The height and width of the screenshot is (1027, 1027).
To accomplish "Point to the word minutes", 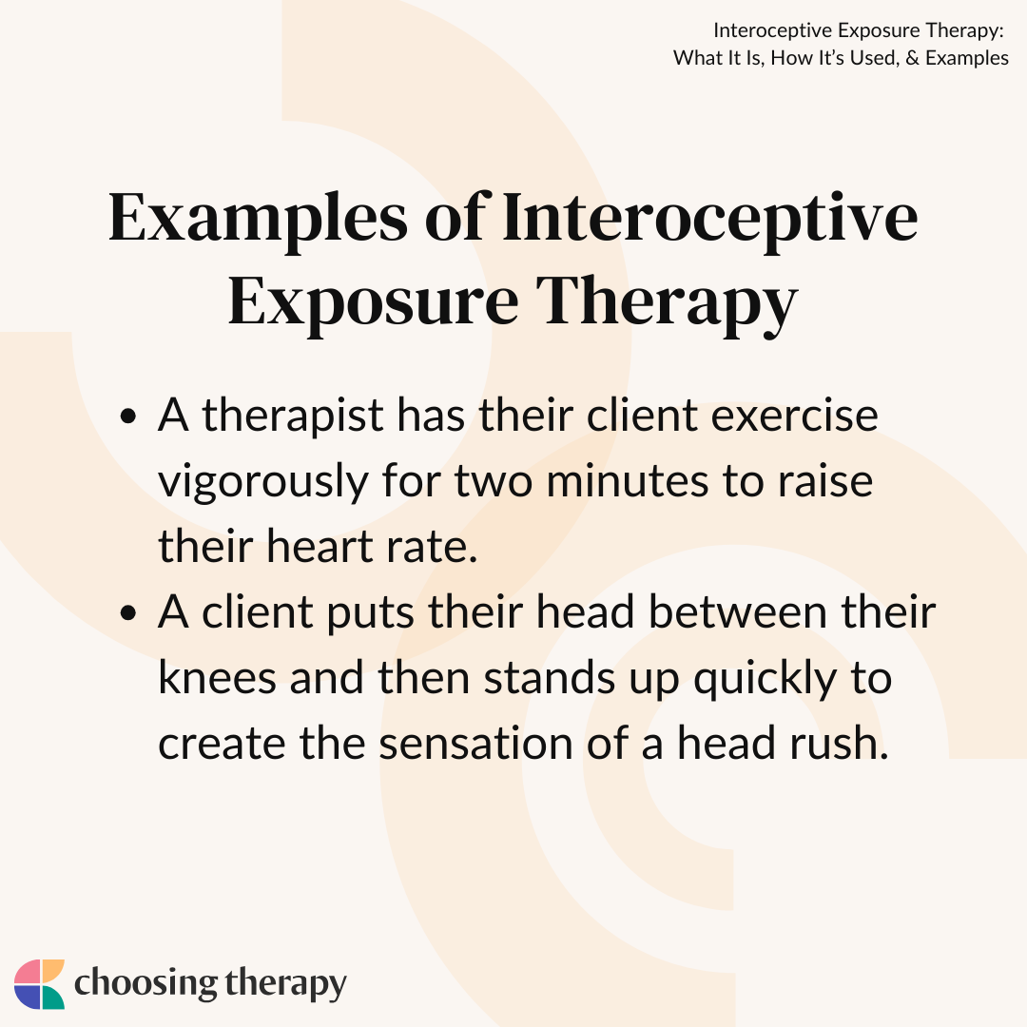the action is coord(627,481).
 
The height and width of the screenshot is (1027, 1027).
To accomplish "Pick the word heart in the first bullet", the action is coord(320,546).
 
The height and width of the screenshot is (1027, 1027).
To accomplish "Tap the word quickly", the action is coord(765,680).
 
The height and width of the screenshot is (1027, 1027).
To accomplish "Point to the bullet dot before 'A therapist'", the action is coord(128,417).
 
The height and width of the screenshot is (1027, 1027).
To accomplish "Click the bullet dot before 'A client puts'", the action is coord(128,613).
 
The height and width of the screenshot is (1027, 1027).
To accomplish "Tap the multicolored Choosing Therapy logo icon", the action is coord(39,984).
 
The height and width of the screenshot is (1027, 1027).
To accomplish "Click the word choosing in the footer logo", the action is coord(145,983).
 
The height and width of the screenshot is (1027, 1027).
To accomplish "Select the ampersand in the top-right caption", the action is coord(912,58).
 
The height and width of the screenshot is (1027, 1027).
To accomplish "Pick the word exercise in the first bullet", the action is coord(794,417).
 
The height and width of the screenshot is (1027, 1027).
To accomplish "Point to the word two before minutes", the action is coord(494,482).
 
